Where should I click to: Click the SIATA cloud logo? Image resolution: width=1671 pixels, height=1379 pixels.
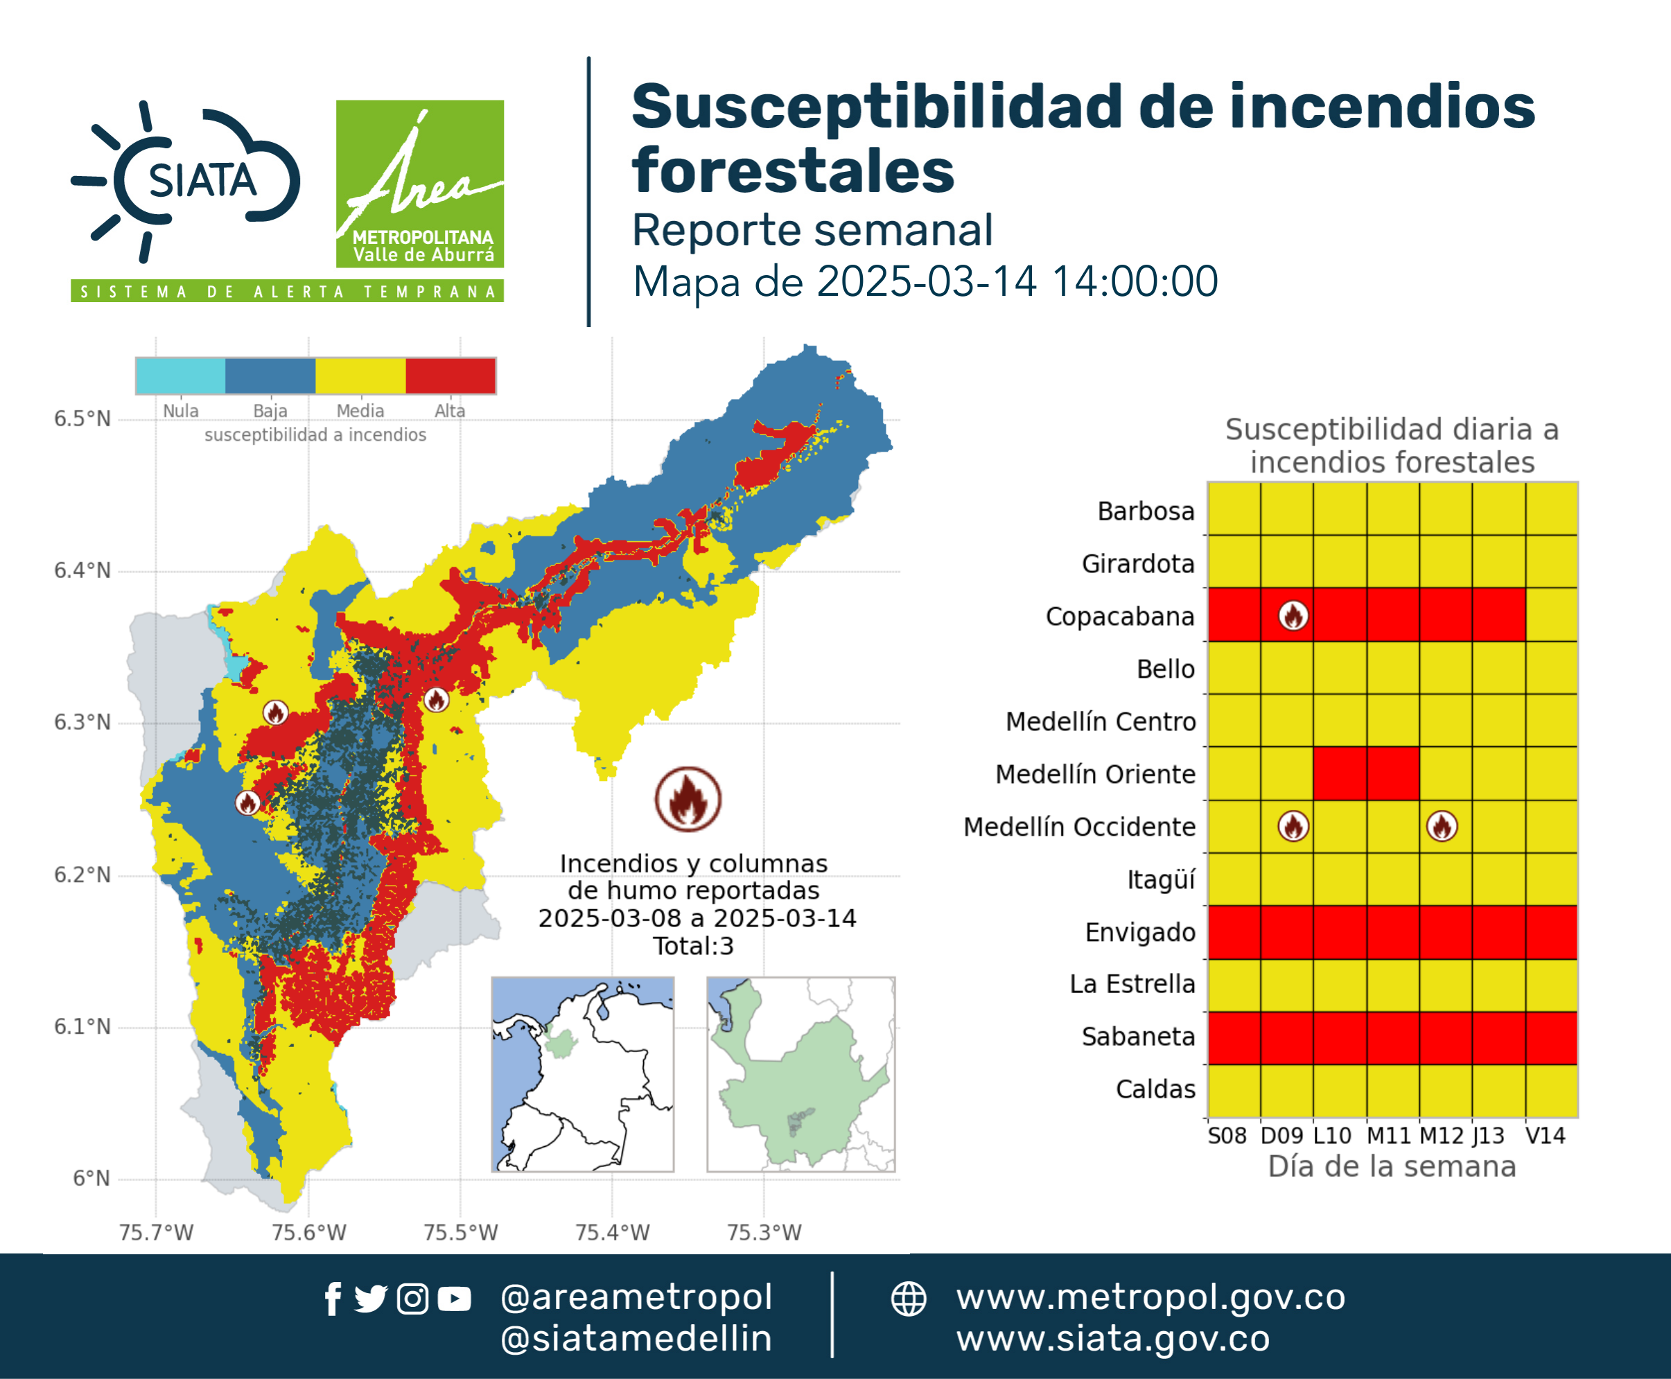tap(186, 181)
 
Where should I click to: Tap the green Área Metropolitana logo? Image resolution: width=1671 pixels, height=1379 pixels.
tap(419, 184)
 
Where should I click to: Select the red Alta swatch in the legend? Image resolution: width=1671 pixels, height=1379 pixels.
tap(450, 376)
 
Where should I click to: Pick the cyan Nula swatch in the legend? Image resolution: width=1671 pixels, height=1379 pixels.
tap(180, 376)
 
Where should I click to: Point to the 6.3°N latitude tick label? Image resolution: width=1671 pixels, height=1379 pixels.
tap(82, 722)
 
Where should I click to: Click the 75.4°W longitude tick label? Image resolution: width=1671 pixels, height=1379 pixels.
tap(613, 1232)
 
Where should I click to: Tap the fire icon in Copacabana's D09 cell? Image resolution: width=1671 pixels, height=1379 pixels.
tap(1293, 615)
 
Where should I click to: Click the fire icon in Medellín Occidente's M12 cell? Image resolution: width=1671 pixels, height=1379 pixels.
tap(1442, 826)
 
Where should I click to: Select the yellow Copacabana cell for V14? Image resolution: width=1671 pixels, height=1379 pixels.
tap(1551, 615)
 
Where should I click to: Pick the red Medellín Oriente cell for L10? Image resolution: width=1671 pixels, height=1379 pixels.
tap(1340, 773)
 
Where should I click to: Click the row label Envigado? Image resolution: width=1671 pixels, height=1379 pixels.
tap(1140, 932)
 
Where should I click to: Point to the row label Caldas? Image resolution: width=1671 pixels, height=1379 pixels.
tap(1155, 1089)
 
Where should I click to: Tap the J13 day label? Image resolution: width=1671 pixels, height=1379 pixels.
tap(1488, 1136)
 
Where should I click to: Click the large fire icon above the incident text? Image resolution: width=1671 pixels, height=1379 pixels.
tap(688, 799)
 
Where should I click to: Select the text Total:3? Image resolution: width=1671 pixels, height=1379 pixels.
tap(694, 946)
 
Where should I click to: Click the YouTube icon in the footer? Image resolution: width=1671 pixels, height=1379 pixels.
tap(454, 1299)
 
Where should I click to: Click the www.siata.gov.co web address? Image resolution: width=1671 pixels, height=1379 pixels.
tap(1113, 1339)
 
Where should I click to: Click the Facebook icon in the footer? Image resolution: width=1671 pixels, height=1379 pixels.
tap(333, 1299)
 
